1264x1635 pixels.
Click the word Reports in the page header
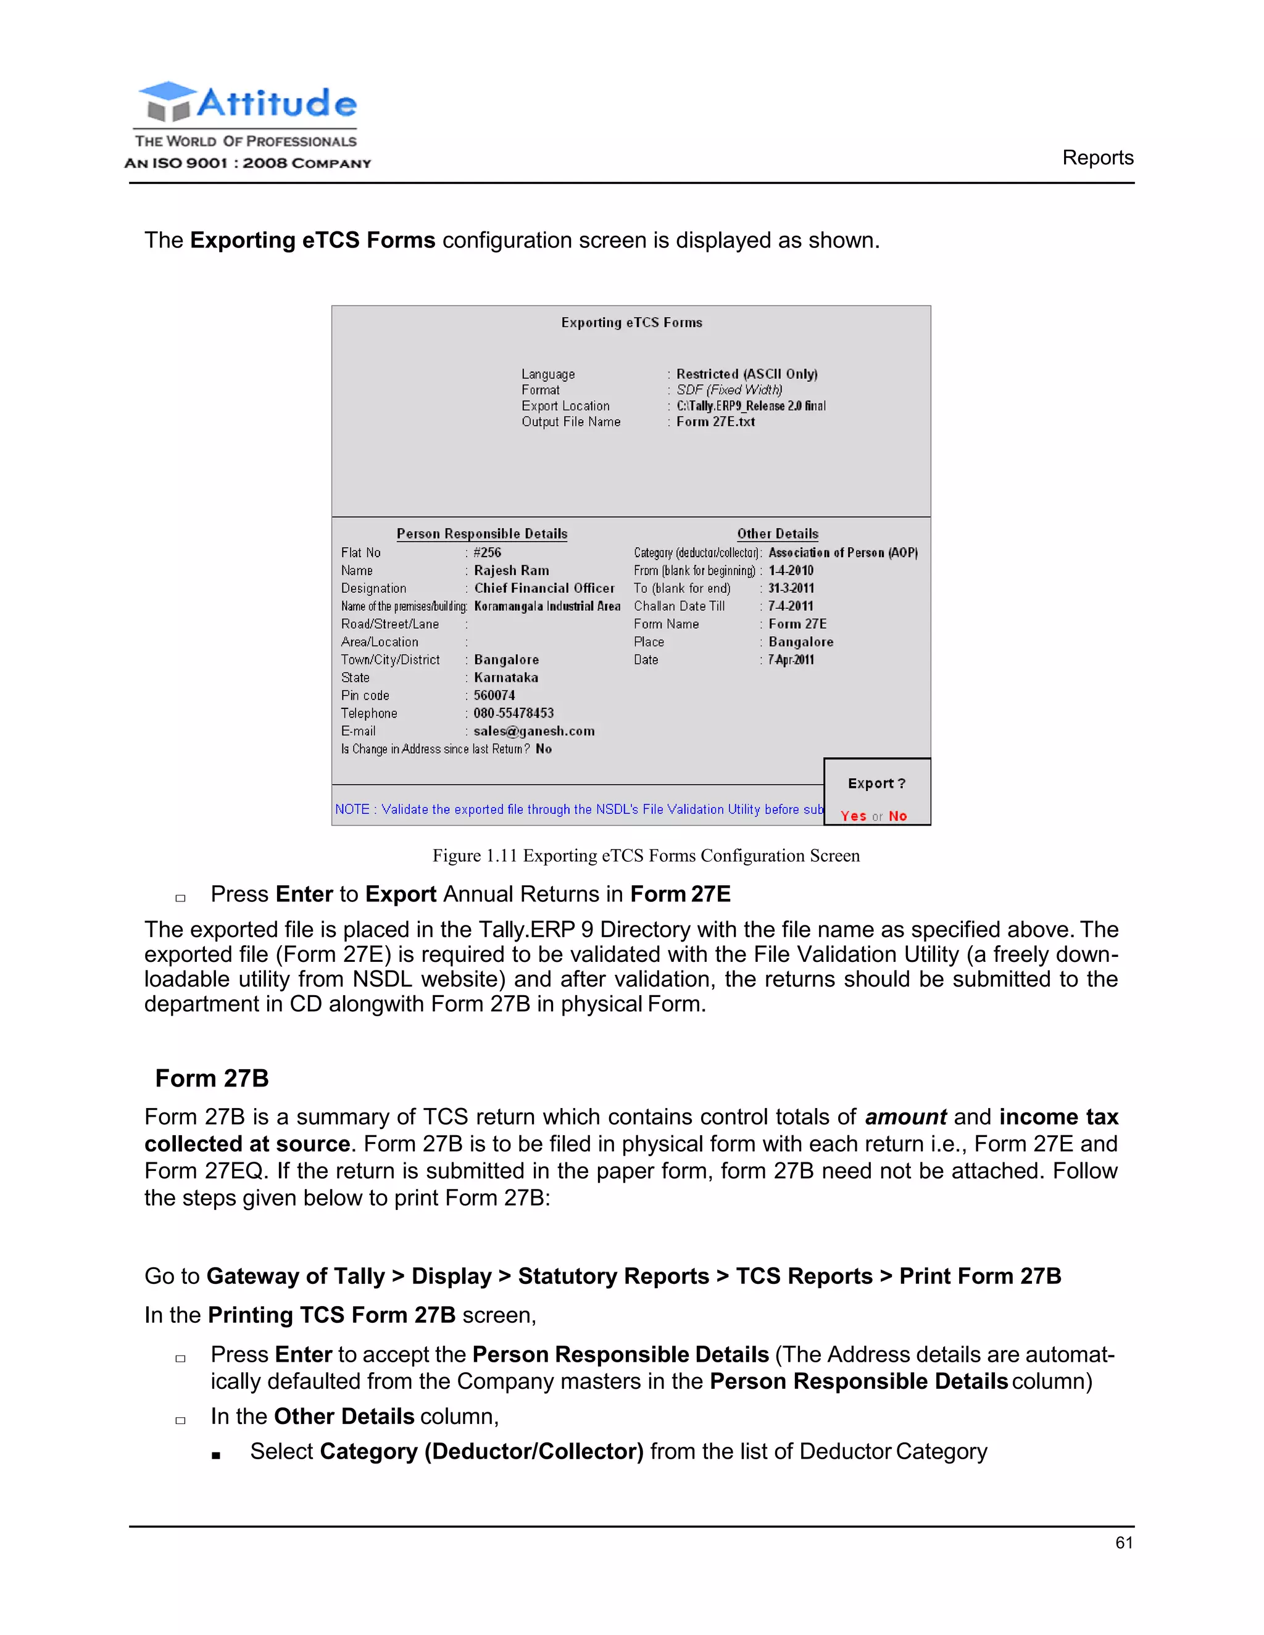(x=1097, y=158)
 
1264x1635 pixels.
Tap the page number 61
(x=1123, y=1542)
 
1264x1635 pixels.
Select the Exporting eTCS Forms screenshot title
(x=631, y=323)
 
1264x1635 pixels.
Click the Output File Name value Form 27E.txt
(x=715, y=421)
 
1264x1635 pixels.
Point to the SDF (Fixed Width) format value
(x=729, y=390)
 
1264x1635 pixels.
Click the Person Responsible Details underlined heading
(x=481, y=534)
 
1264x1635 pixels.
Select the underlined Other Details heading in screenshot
(x=777, y=534)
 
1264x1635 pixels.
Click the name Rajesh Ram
(x=512, y=571)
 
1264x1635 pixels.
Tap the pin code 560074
(x=494, y=695)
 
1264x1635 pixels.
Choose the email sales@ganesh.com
(x=534, y=731)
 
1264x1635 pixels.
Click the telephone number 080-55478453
(x=513, y=713)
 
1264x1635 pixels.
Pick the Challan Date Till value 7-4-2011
(x=791, y=606)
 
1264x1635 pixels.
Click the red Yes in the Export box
(x=853, y=816)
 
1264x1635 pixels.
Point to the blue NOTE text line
(x=578, y=809)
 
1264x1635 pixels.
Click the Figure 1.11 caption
(x=646, y=856)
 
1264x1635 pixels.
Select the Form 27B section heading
(x=212, y=1078)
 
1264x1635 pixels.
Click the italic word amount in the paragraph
(x=905, y=1117)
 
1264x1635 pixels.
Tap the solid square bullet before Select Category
(x=215, y=1455)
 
